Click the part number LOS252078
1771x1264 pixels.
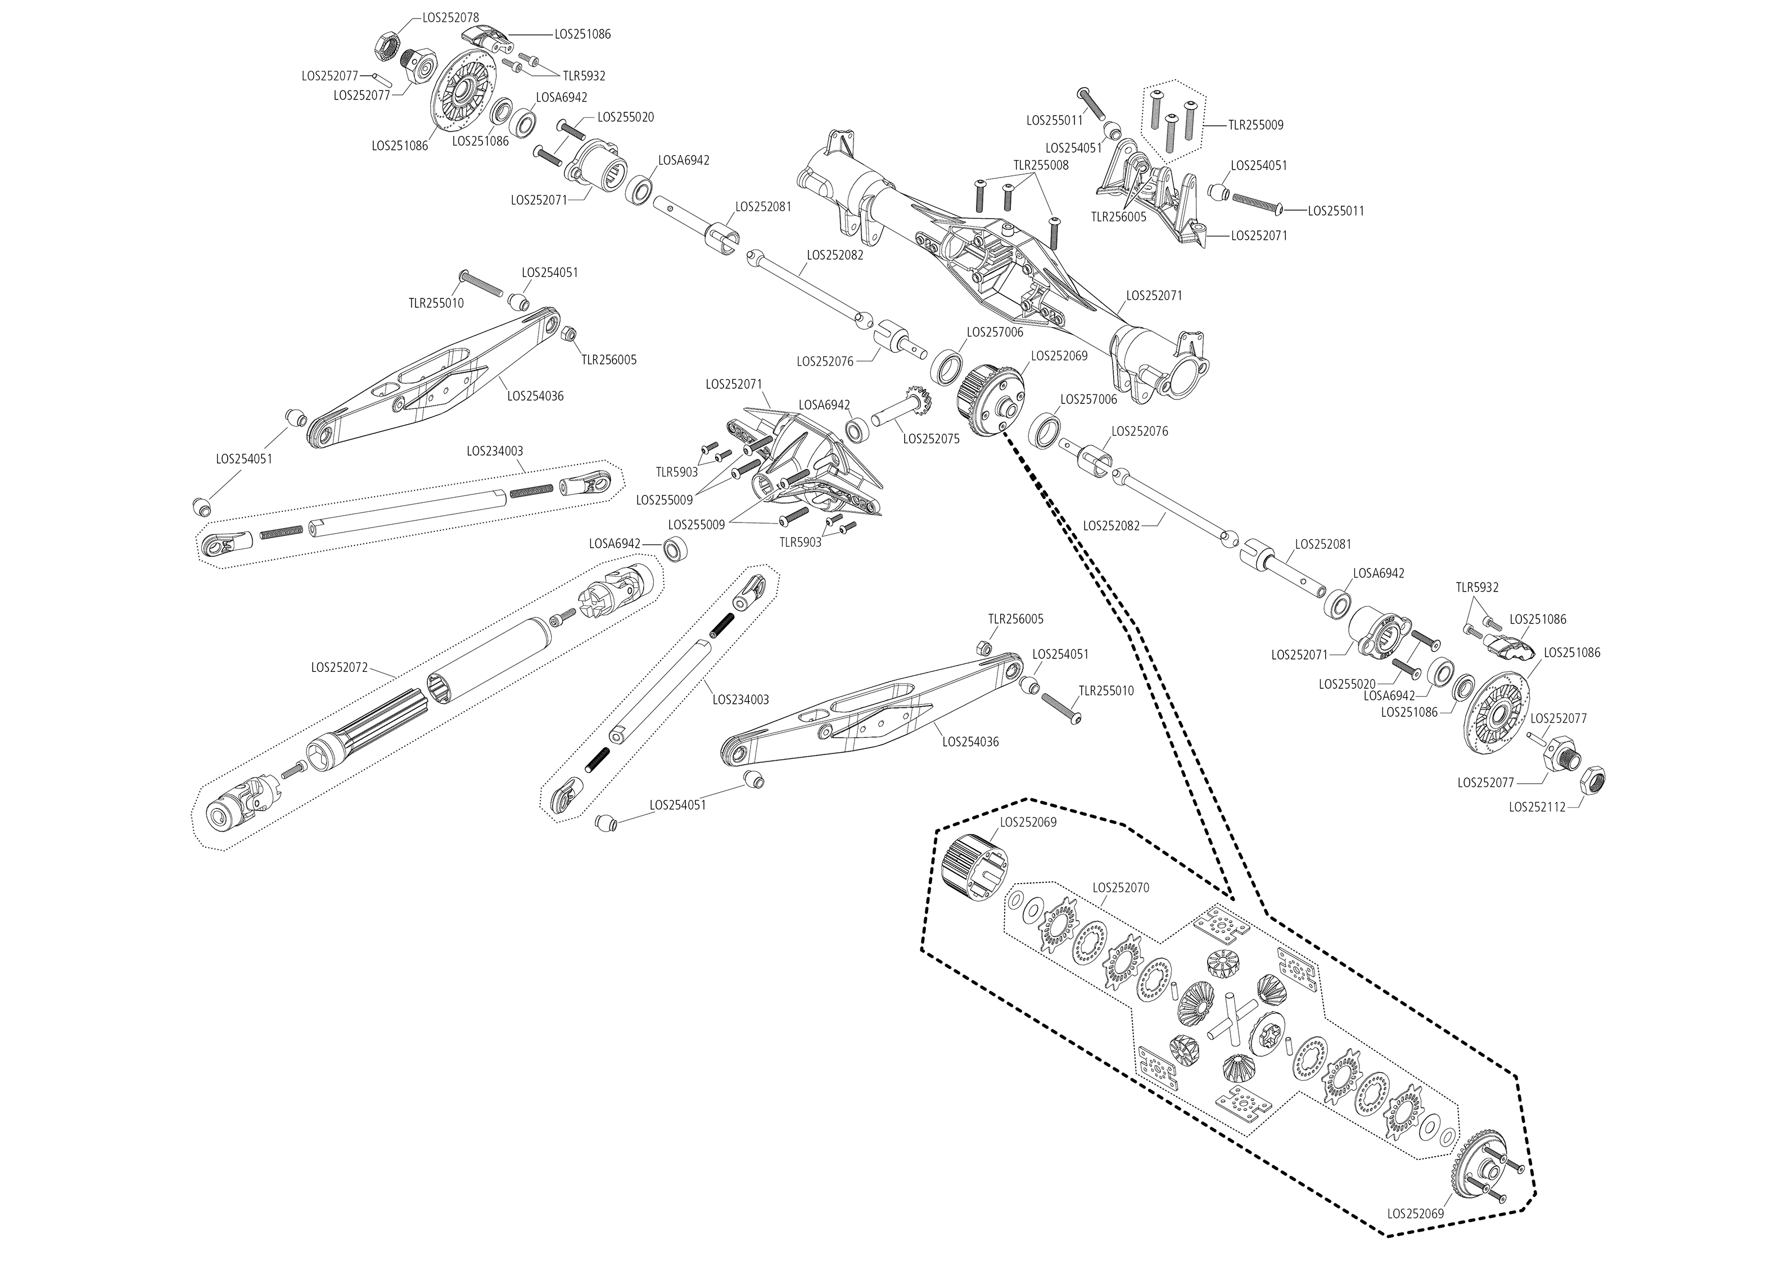coord(450,17)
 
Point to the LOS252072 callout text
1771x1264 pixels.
coord(340,667)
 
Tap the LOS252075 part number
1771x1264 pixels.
coord(932,439)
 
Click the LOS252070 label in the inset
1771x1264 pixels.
coord(1121,887)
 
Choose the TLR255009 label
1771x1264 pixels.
coord(1255,125)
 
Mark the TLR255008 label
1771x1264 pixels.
coord(1041,165)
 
